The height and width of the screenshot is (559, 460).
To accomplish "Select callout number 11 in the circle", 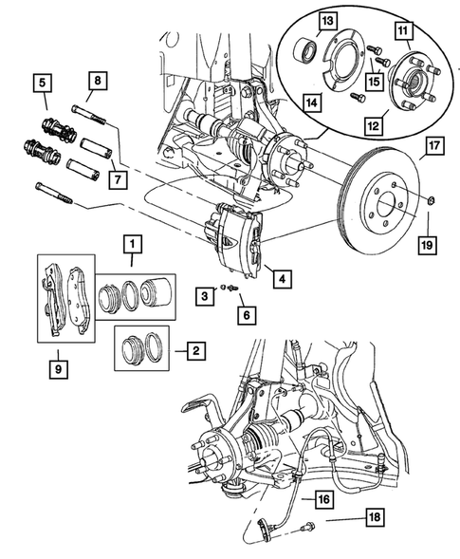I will click(402, 31).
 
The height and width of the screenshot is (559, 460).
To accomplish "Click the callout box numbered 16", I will click(323, 497).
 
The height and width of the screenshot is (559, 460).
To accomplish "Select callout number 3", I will click(203, 298).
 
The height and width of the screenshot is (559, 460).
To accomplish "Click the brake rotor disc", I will click(379, 214).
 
